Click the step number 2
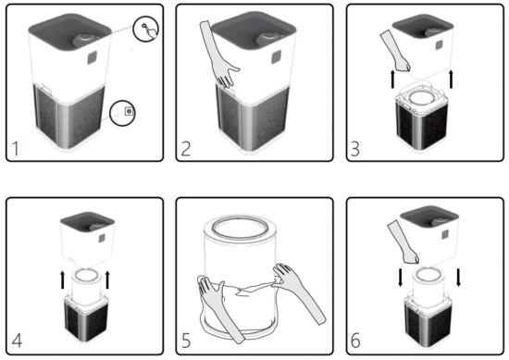tap(187, 146)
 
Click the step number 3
tap(356, 146)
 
